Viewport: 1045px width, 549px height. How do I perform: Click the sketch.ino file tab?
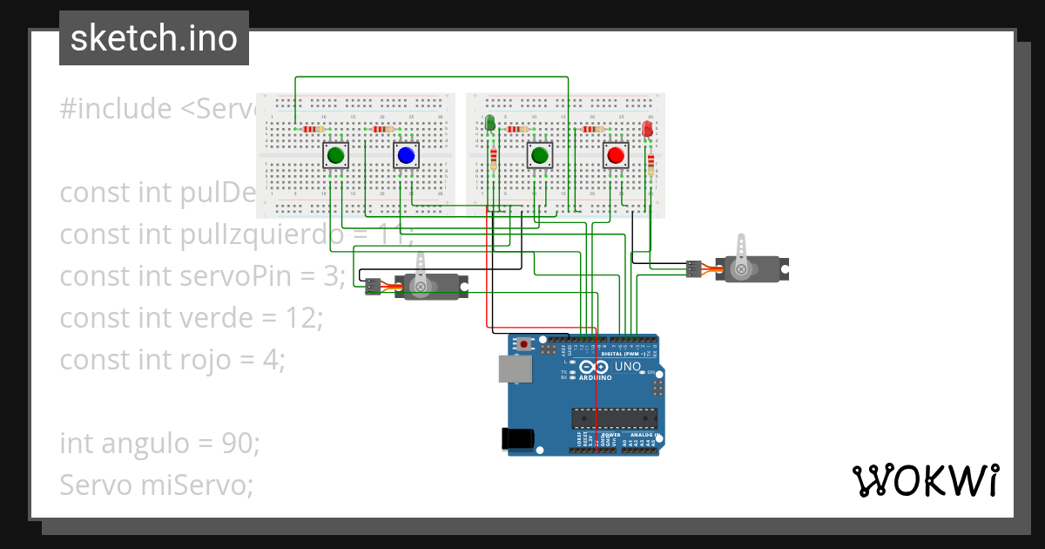tap(154, 38)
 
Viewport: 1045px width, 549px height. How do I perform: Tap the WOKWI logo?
tap(925, 480)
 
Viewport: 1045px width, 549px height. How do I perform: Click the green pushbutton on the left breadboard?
tap(335, 156)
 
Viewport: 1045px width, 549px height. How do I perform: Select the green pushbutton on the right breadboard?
tap(540, 156)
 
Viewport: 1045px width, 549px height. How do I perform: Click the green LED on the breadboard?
tap(490, 123)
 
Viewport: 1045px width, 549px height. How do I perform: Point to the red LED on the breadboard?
tap(647, 128)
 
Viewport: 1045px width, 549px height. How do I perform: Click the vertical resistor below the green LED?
tap(494, 159)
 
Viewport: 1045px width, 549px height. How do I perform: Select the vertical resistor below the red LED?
tap(651, 164)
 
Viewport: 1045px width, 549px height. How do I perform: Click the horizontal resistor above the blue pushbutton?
tap(383, 129)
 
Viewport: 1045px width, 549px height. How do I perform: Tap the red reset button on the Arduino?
tap(523, 344)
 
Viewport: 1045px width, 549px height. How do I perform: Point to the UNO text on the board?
tap(628, 367)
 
